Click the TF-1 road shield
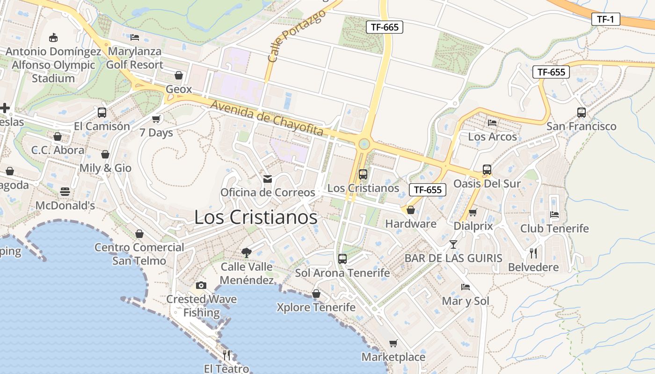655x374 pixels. point(605,19)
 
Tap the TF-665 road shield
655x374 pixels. point(385,27)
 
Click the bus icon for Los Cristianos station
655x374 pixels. point(363,174)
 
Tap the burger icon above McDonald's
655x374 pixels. point(65,192)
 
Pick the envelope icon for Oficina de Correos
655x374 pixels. point(268,179)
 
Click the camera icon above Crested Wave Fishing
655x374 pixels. point(201,285)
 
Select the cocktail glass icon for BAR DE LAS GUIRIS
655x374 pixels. point(453,244)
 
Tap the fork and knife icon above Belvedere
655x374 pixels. point(533,253)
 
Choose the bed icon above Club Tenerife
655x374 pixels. point(554,215)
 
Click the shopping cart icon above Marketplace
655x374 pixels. point(393,344)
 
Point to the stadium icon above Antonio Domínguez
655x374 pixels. point(53,37)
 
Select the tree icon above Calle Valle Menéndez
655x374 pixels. point(247,253)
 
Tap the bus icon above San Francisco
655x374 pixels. point(582,112)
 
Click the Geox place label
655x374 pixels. point(179,89)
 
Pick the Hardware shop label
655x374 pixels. point(411,224)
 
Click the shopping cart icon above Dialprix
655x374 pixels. point(473,213)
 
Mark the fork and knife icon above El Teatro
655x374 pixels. point(226,355)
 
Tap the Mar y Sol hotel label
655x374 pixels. point(466,301)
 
